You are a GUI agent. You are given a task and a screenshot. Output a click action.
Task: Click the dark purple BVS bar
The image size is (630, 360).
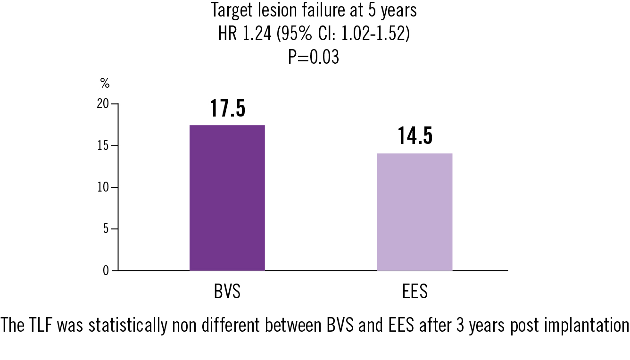(x=227, y=198)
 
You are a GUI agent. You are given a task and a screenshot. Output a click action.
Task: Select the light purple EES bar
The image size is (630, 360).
(x=414, y=212)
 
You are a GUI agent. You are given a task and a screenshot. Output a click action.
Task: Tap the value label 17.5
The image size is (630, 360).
(x=227, y=109)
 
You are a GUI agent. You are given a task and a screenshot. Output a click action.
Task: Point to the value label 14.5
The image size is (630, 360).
(x=415, y=136)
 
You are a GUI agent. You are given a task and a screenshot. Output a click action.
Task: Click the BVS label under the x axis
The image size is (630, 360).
(x=227, y=292)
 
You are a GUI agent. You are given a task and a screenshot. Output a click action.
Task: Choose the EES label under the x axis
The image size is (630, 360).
(x=415, y=292)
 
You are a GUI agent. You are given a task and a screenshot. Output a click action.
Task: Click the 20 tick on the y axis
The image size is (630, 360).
(x=102, y=104)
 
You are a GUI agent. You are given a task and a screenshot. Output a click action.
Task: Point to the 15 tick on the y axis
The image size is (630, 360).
(x=102, y=146)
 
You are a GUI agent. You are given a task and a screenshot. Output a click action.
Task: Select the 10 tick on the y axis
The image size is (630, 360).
(x=102, y=187)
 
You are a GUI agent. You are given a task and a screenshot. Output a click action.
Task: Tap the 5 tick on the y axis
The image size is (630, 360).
(x=105, y=229)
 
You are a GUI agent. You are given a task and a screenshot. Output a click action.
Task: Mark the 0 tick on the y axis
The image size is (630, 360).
(x=105, y=271)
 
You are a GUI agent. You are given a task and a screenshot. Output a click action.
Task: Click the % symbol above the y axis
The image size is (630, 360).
(x=105, y=84)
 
